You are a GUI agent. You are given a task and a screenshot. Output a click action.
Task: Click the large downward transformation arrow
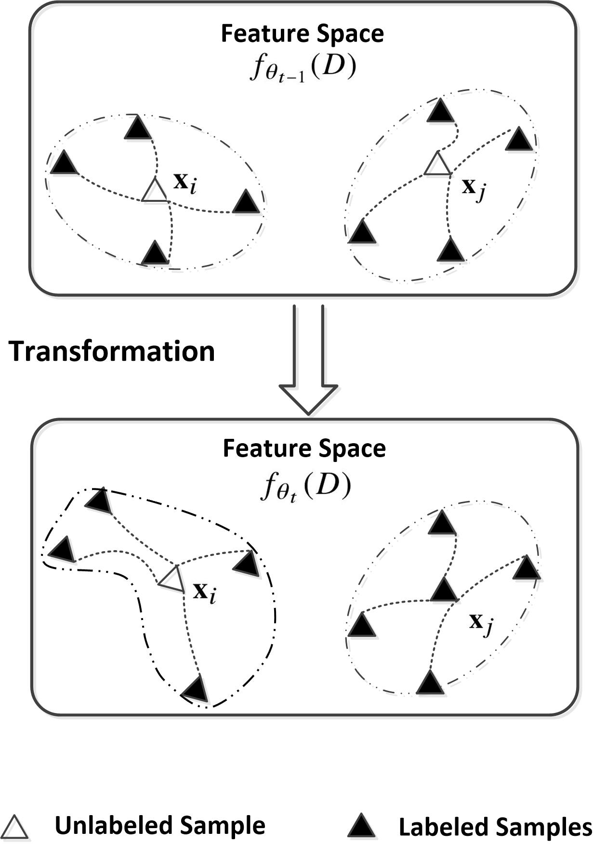(x=308, y=366)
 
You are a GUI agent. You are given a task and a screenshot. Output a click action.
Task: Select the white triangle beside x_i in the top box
(x=154, y=191)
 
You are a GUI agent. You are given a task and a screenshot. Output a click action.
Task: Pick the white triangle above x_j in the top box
(x=437, y=165)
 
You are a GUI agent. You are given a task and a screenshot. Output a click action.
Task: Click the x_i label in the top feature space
(x=185, y=184)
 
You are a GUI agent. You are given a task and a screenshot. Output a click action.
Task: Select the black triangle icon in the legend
(x=361, y=826)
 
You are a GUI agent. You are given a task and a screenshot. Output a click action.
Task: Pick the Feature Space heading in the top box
(x=302, y=34)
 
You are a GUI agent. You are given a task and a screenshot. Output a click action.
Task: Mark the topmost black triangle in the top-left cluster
(x=138, y=129)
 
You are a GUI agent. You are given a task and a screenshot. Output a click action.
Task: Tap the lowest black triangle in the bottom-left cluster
(x=196, y=688)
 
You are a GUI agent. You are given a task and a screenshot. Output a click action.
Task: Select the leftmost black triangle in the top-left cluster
(x=64, y=163)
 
